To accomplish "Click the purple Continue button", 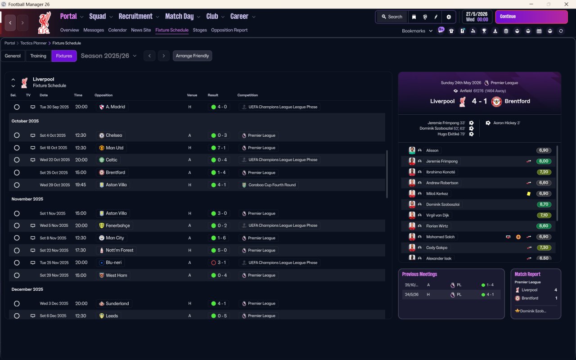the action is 531,17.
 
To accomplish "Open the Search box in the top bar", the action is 392,17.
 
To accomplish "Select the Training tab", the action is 38,56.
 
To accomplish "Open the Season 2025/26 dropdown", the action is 108,56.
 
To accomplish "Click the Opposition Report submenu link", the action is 229,30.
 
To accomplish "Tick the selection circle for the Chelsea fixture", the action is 17,135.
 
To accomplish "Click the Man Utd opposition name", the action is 115,148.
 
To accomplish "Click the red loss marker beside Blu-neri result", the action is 213,263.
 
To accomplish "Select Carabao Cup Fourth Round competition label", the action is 272,185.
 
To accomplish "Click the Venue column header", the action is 192,95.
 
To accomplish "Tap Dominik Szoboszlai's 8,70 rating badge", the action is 544,204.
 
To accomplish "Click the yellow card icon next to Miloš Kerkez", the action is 529,193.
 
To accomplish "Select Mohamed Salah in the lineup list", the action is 440,237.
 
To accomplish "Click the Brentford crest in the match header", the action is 496,102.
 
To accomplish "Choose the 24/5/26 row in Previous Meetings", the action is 451,295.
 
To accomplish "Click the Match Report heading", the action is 527,274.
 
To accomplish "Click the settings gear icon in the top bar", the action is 449,17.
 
